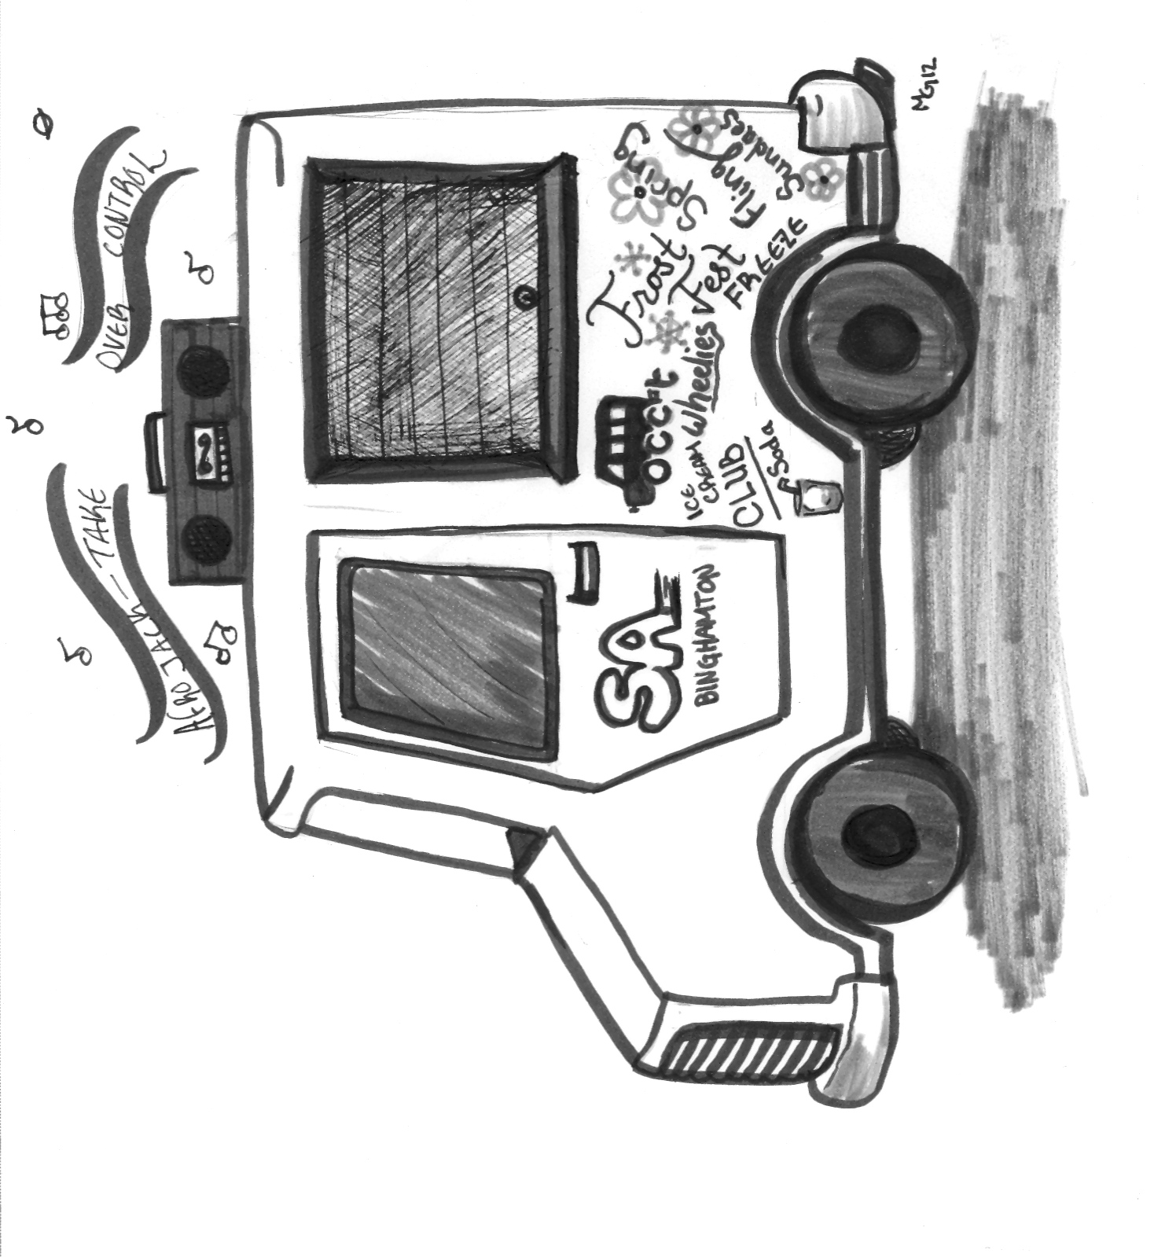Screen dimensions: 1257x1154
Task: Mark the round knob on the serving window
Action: (522, 298)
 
